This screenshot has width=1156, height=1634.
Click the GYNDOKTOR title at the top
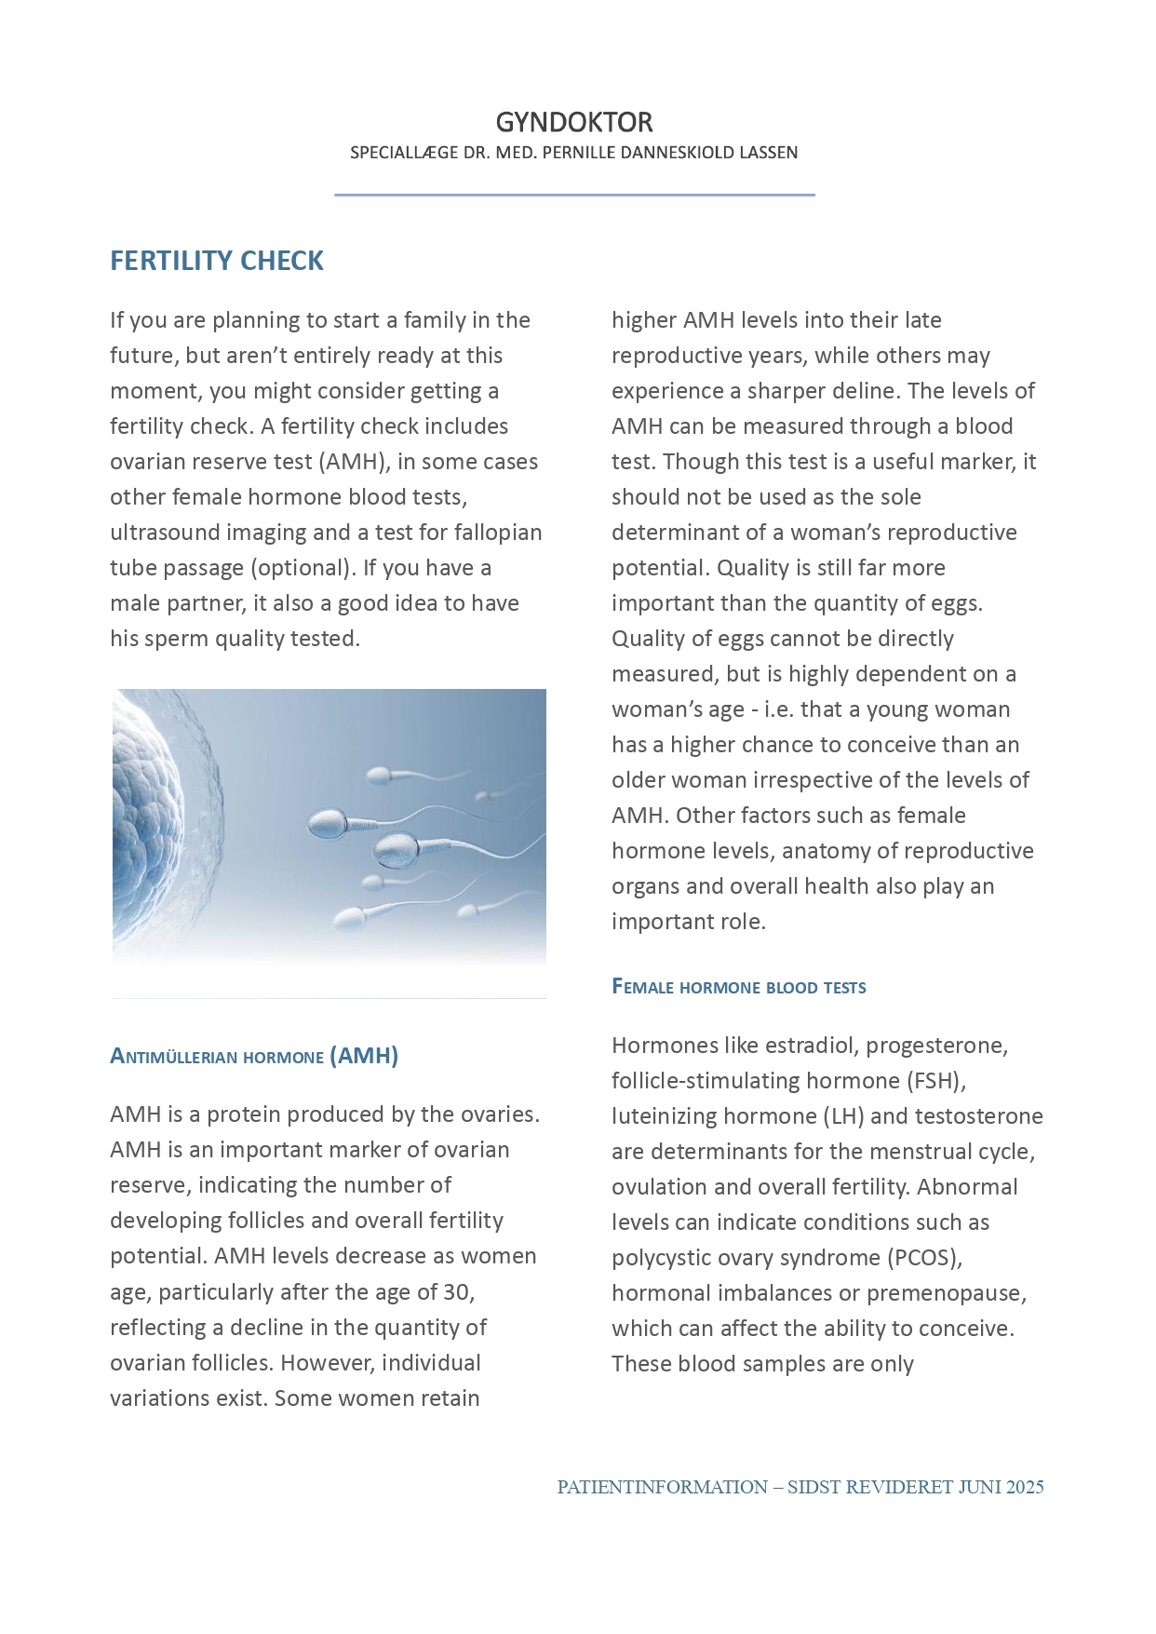pyautogui.click(x=573, y=122)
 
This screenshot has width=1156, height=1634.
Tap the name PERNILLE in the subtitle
pyautogui.click(x=583, y=153)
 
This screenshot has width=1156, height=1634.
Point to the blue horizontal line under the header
pyautogui.click(x=574, y=195)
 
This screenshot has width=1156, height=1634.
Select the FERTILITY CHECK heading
pyautogui.click(x=217, y=261)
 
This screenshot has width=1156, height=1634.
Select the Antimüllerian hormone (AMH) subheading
pyautogui.click(x=253, y=1056)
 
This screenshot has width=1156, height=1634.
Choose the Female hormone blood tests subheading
pyautogui.click(x=738, y=987)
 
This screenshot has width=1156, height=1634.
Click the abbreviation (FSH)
pyautogui.click(x=934, y=1081)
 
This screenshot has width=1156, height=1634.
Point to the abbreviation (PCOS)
pyautogui.click(x=924, y=1258)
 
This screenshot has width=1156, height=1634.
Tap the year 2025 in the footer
pyautogui.click(x=1025, y=1487)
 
